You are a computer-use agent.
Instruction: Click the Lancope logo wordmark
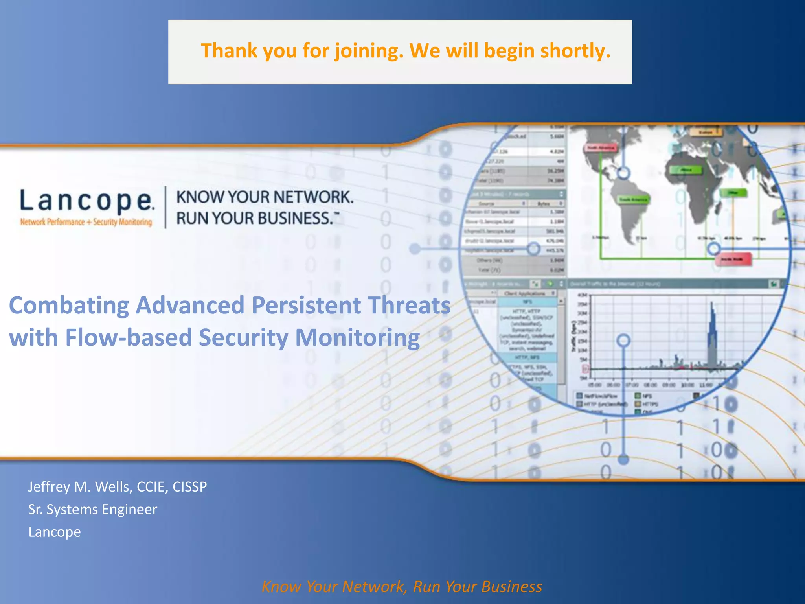(86, 201)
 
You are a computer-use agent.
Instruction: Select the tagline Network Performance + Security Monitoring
(86, 222)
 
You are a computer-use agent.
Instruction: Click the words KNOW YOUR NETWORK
(265, 197)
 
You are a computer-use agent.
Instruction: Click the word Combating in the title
(69, 306)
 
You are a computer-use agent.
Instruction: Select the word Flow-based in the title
(128, 338)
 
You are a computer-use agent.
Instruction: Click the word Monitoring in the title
(357, 338)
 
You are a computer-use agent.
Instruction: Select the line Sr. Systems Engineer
(92, 509)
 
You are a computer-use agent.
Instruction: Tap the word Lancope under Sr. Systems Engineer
(55, 532)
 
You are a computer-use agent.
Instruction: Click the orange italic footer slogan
(402, 586)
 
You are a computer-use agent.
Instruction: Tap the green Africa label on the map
(686, 170)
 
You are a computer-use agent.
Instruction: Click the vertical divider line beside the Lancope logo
(165, 207)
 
